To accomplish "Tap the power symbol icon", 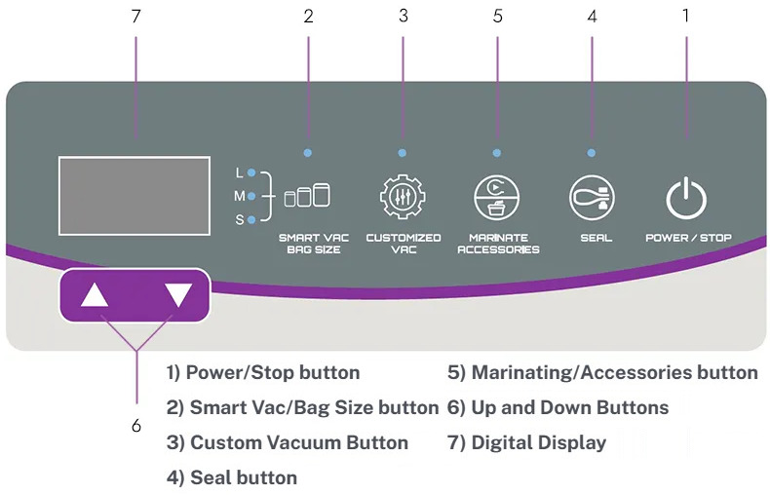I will coord(687,198).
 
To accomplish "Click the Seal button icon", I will coord(592,198).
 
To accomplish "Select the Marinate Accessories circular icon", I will coord(496,198).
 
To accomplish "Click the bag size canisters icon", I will coord(307,196).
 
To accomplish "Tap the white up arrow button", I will coord(95,295).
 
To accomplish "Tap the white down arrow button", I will coord(178,295).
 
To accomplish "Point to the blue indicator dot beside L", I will coord(251,172).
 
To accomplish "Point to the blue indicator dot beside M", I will coord(251,196).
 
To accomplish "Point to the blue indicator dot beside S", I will coord(251,220).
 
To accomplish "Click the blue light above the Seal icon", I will coord(592,153).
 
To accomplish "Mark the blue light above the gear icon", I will coord(403,153).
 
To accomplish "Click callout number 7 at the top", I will coord(135,16).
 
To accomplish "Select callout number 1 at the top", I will coord(686,16).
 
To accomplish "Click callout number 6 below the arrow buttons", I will coord(135,426).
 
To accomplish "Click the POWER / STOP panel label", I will coord(688,238).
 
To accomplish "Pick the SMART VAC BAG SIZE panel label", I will coord(309,244).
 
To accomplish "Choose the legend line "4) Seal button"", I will coord(232,477).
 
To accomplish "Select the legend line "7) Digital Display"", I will coord(526,442).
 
